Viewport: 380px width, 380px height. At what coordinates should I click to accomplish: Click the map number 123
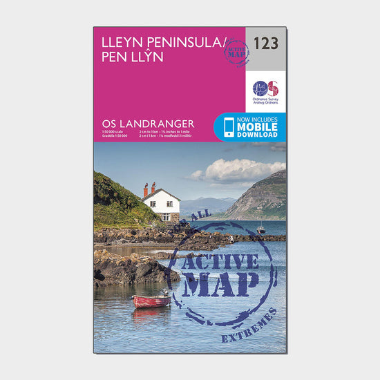click(x=265, y=43)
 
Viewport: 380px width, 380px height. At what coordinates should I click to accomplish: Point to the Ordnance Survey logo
click(x=265, y=89)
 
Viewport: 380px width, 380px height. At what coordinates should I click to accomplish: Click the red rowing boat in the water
click(x=151, y=301)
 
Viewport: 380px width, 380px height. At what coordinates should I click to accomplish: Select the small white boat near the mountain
click(x=260, y=229)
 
